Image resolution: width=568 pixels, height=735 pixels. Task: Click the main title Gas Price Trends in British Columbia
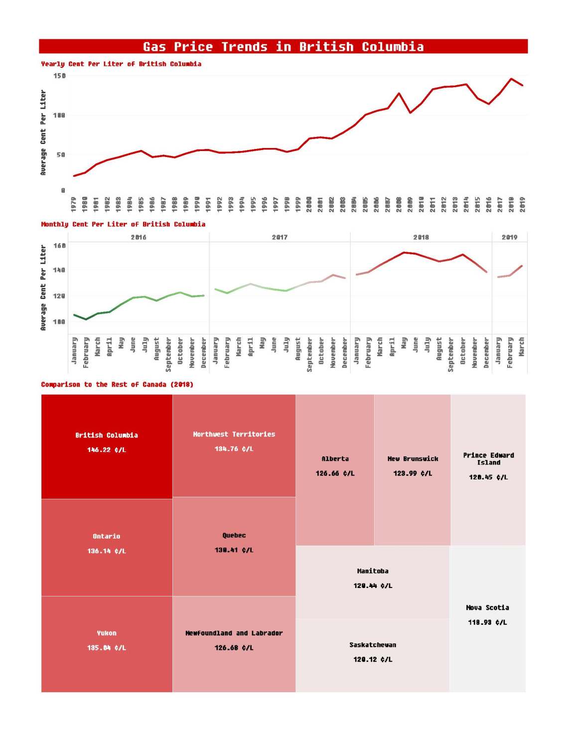283,47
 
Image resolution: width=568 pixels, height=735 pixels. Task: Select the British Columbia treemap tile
107,446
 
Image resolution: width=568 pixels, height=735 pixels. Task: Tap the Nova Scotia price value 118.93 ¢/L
487,622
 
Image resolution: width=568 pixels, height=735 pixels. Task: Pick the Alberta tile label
335,459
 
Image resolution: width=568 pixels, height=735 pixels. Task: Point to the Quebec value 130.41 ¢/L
234,550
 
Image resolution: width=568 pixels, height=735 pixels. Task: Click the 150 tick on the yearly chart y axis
59,76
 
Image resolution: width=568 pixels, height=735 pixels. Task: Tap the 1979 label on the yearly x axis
74,204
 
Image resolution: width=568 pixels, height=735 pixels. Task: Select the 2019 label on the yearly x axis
522,204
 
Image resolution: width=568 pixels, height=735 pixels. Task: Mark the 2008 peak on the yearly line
399,93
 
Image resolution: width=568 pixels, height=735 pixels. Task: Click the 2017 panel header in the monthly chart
280,237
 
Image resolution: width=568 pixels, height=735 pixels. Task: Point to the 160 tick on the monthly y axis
59,246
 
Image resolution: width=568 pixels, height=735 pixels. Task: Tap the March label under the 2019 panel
522,347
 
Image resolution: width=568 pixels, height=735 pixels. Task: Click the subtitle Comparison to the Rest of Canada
117,384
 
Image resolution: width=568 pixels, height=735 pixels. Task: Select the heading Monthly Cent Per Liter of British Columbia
123,224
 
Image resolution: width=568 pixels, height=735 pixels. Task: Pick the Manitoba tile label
373,571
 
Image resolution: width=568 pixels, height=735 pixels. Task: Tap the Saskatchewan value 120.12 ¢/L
373,659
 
